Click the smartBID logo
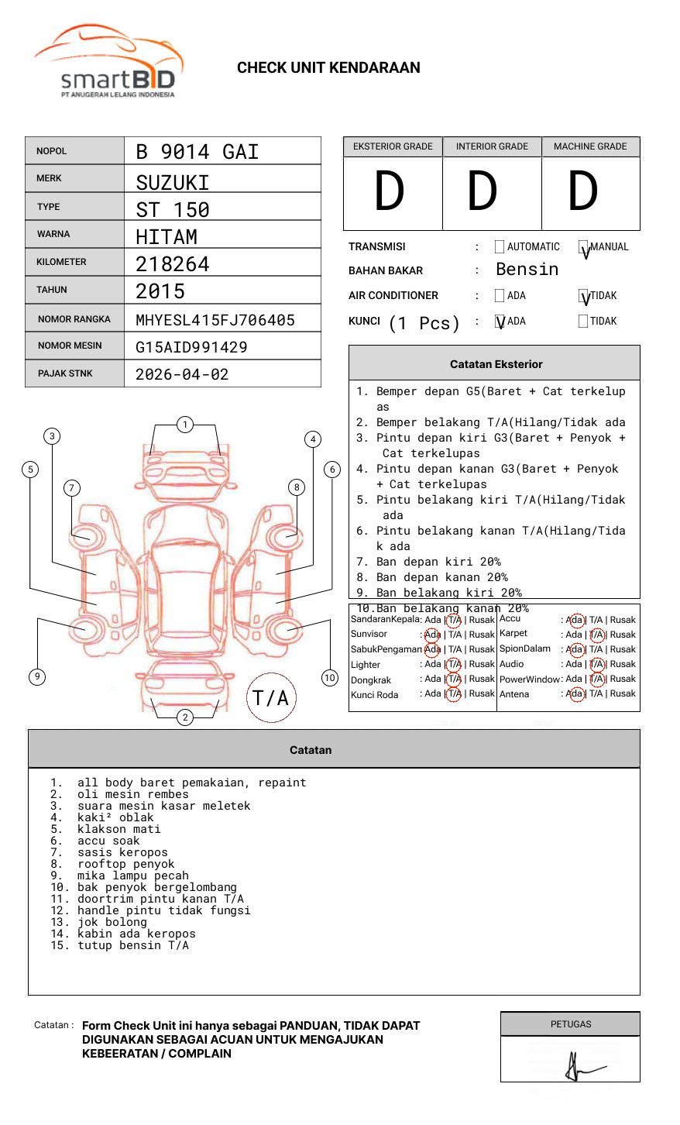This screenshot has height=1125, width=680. (x=108, y=62)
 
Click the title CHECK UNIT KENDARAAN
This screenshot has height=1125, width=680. (x=328, y=68)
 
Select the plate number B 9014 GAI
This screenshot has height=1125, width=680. (x=197, y=152)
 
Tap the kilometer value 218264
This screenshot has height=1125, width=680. (x=173, y=264)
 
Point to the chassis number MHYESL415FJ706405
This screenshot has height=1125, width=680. (x=215, y=320)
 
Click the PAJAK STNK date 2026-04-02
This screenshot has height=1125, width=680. (x=182, y=374)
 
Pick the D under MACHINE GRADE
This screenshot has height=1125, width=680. (x=582, y=192)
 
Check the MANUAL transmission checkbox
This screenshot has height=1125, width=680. (x=583, y=247)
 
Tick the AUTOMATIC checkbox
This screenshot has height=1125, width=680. (x=500, y=247)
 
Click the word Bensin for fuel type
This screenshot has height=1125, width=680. (x=527, y=270)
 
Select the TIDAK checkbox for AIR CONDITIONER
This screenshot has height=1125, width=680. (x=583, y=296)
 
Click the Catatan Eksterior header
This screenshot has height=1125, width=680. (x=496, y=364)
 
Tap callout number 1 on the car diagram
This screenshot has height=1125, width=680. (x=184, y=424)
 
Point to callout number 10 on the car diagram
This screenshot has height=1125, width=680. (x=330, y=677)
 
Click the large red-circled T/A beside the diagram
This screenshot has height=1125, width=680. (x=270, y=698)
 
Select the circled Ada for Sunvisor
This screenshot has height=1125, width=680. (x=432, y=635)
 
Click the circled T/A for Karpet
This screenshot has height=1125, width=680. (x=596, y=635)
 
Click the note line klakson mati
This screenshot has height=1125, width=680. (x=118, y=829)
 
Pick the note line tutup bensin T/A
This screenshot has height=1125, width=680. (x=132, y=945)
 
